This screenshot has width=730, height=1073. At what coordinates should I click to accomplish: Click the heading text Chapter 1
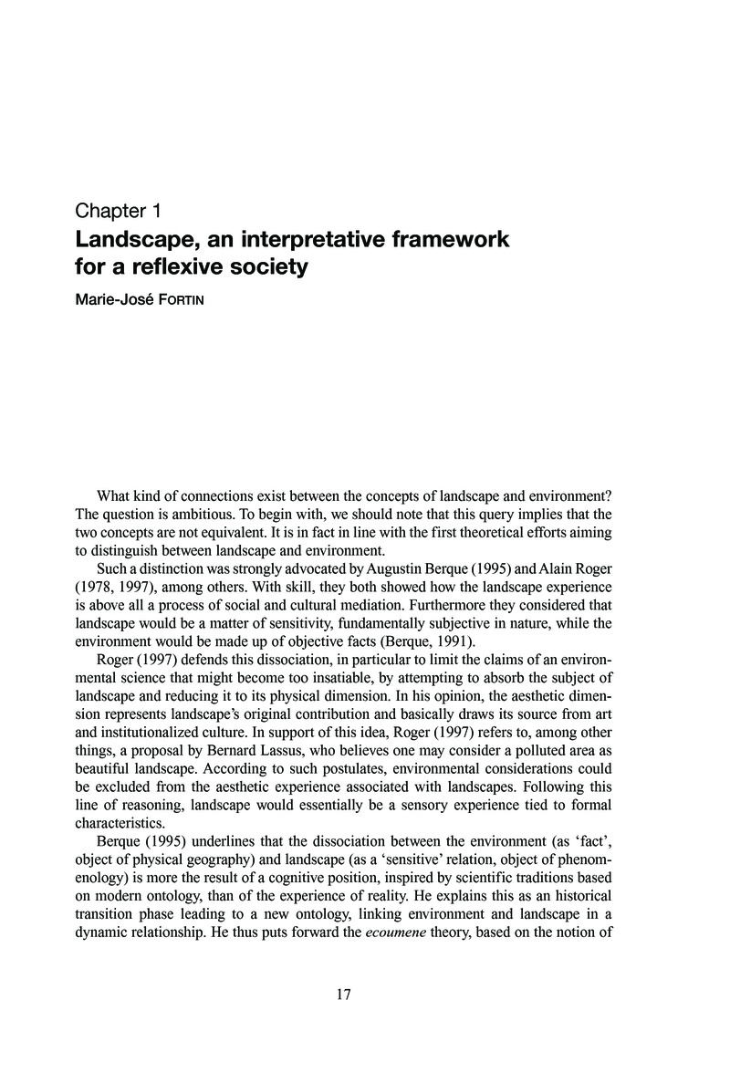pyautogui.click(x=118, y=213)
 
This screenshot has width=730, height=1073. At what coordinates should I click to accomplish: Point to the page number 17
pyautogui.click(x=344, y=995)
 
